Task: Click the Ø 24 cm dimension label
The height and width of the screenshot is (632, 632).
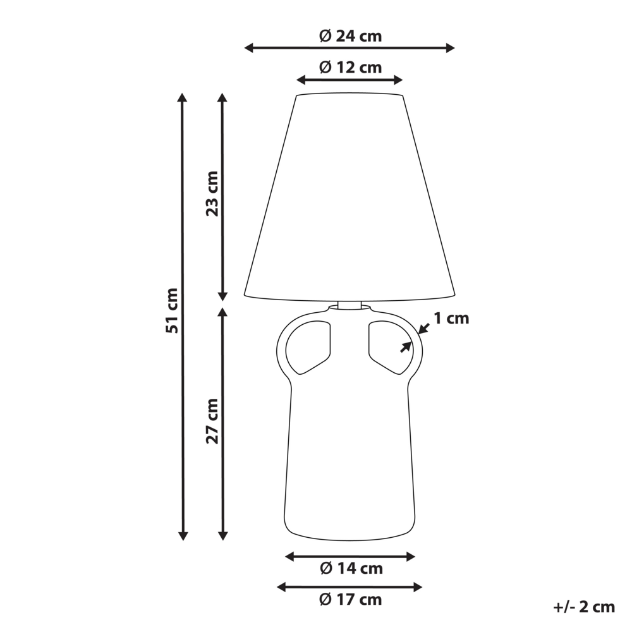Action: pyautogui.click(x=350, y=36)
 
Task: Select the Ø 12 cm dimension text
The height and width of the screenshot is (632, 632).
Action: pyautogui.click(x=350, y=67)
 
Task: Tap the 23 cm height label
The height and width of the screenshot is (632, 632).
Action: pyautogui.click(x=212, y=193)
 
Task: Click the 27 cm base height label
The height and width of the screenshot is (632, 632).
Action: pyautogui.click(x=212, y=420)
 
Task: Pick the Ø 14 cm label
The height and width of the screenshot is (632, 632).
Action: pyautogui.click(x=351, y=568)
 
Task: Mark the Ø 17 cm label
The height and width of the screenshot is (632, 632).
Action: pyautogui.click(x=351, y=599)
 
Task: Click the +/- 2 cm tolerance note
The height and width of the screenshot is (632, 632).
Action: pyautogui.click(x=583, y=607)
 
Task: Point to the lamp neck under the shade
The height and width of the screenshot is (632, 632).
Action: pyautogui.click(x=349, y=305)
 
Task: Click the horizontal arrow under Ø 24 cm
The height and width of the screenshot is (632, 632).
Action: pyautogui.click(x=349, y=48)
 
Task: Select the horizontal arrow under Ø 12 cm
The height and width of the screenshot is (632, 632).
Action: pyautogui.click(x=349, y=80)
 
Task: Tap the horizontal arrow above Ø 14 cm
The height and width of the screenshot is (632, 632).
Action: pyautogui.click(x=350, y=556)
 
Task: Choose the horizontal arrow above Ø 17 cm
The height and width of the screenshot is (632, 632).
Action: pyautogui.click(x=349, y=587)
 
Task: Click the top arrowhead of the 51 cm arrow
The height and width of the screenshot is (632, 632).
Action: pyautogui.click(x=183, y=97)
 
